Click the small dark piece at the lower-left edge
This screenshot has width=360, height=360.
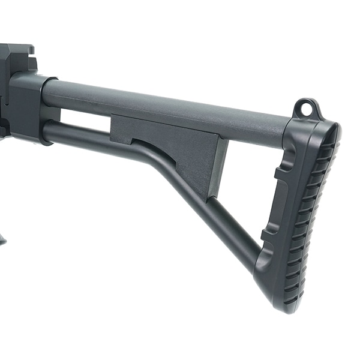pos(2,240)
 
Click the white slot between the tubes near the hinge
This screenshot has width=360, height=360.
pos(84,120)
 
